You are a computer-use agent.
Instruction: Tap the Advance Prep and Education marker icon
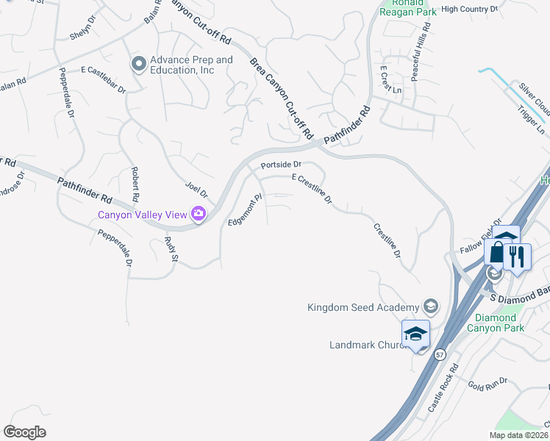[138, 65]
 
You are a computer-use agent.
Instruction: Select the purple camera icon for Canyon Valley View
[198, 215]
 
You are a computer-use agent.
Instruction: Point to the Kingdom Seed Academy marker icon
[431, 306]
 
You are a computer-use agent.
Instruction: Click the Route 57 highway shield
[439, 354]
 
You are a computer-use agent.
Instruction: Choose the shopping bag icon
[497, 253]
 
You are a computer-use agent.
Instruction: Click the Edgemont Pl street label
[246, 210]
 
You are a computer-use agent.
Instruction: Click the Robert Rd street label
[135, 184]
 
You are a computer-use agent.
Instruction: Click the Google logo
[25, 431]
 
